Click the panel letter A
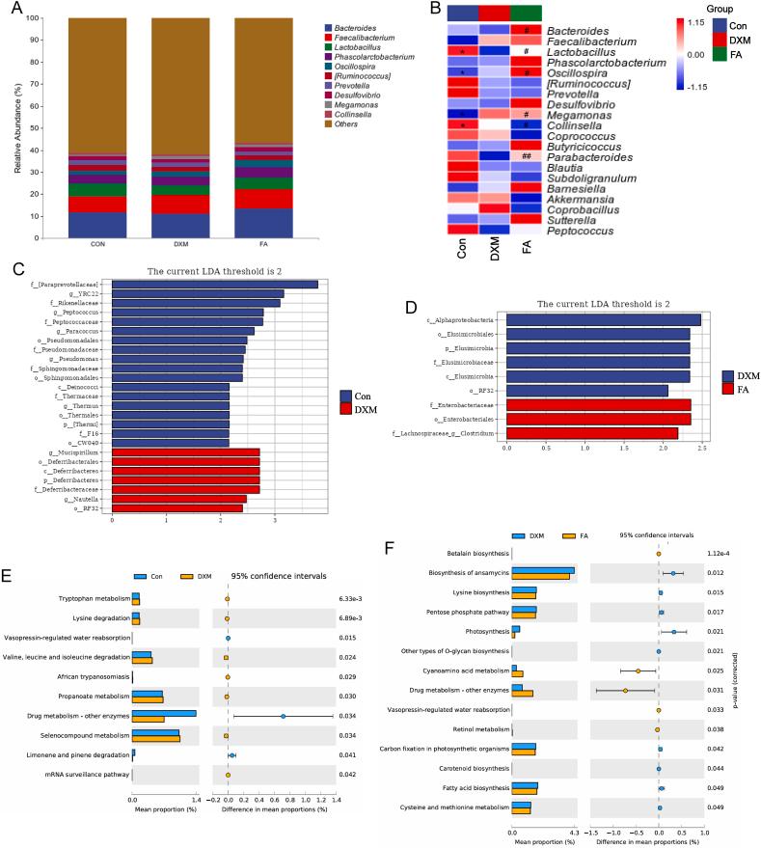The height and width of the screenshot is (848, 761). (x=12, y=9)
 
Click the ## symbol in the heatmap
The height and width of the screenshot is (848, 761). (x=527, y=157)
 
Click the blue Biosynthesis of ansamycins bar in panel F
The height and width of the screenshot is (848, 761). (x=543, y=570)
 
